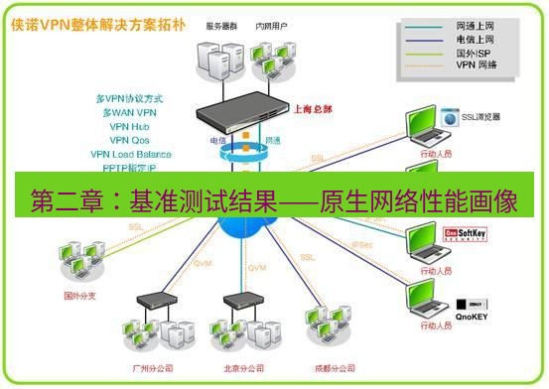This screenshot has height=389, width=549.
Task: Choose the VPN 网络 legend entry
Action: point(477,65)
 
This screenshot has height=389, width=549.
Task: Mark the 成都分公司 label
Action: point(332,367)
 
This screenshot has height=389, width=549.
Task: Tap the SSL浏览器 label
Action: point(480,116)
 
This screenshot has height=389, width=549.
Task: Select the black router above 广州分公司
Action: point(152,299)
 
